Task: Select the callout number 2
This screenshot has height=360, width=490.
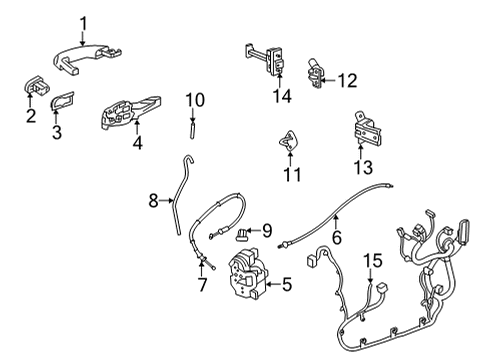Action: click(31, 117)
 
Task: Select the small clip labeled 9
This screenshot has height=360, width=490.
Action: click(242, 236)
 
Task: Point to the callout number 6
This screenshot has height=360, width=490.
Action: click(336, 237)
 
